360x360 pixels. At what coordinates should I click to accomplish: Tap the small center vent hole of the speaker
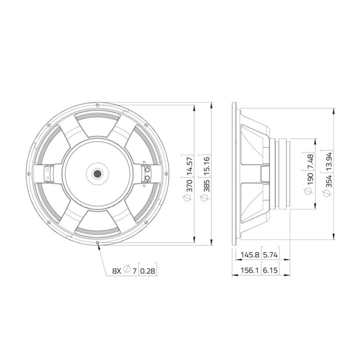click(x=97, y=173)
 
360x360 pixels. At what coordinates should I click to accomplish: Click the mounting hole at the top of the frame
click(x=97, y=105)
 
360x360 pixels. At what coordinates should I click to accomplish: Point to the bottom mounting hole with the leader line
click(x=97, y=242)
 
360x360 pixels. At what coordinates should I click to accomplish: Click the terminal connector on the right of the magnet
click(x=147, y=173)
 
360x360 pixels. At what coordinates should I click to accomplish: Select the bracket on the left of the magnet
click(x=48, y=173)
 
